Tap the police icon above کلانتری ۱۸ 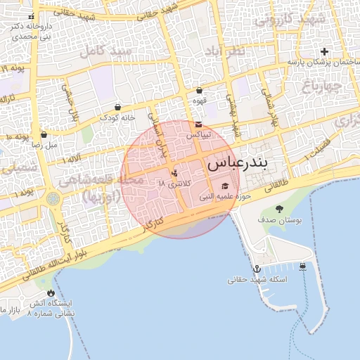(x=175, y=172)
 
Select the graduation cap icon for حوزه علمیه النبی (x=225, y=186)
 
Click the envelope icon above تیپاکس (x=199, y=124)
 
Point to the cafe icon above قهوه (x=200, y=91)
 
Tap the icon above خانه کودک (x=117, y=107)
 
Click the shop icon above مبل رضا (x=44, y=134)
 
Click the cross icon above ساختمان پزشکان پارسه (x=324, y=51)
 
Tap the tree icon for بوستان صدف (x=280, y=209)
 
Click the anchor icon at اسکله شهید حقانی (x=257, y=269)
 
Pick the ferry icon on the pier (x=302, y=266)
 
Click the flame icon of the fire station (x=50, y=293)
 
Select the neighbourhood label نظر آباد (x=225, y=53)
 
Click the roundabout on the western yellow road (x=53, y=199)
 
